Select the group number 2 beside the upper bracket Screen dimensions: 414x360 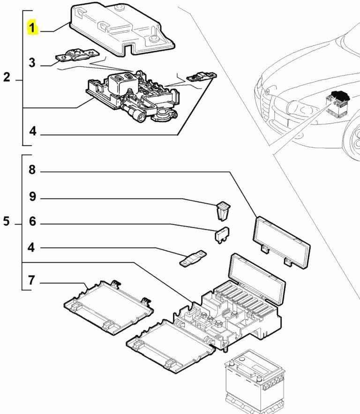7,77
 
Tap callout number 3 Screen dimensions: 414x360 32,62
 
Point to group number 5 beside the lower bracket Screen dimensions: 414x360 7,221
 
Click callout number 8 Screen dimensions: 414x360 32,170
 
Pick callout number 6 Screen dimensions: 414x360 32,221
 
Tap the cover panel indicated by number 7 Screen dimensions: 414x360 109,308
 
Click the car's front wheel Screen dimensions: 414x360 352,141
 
